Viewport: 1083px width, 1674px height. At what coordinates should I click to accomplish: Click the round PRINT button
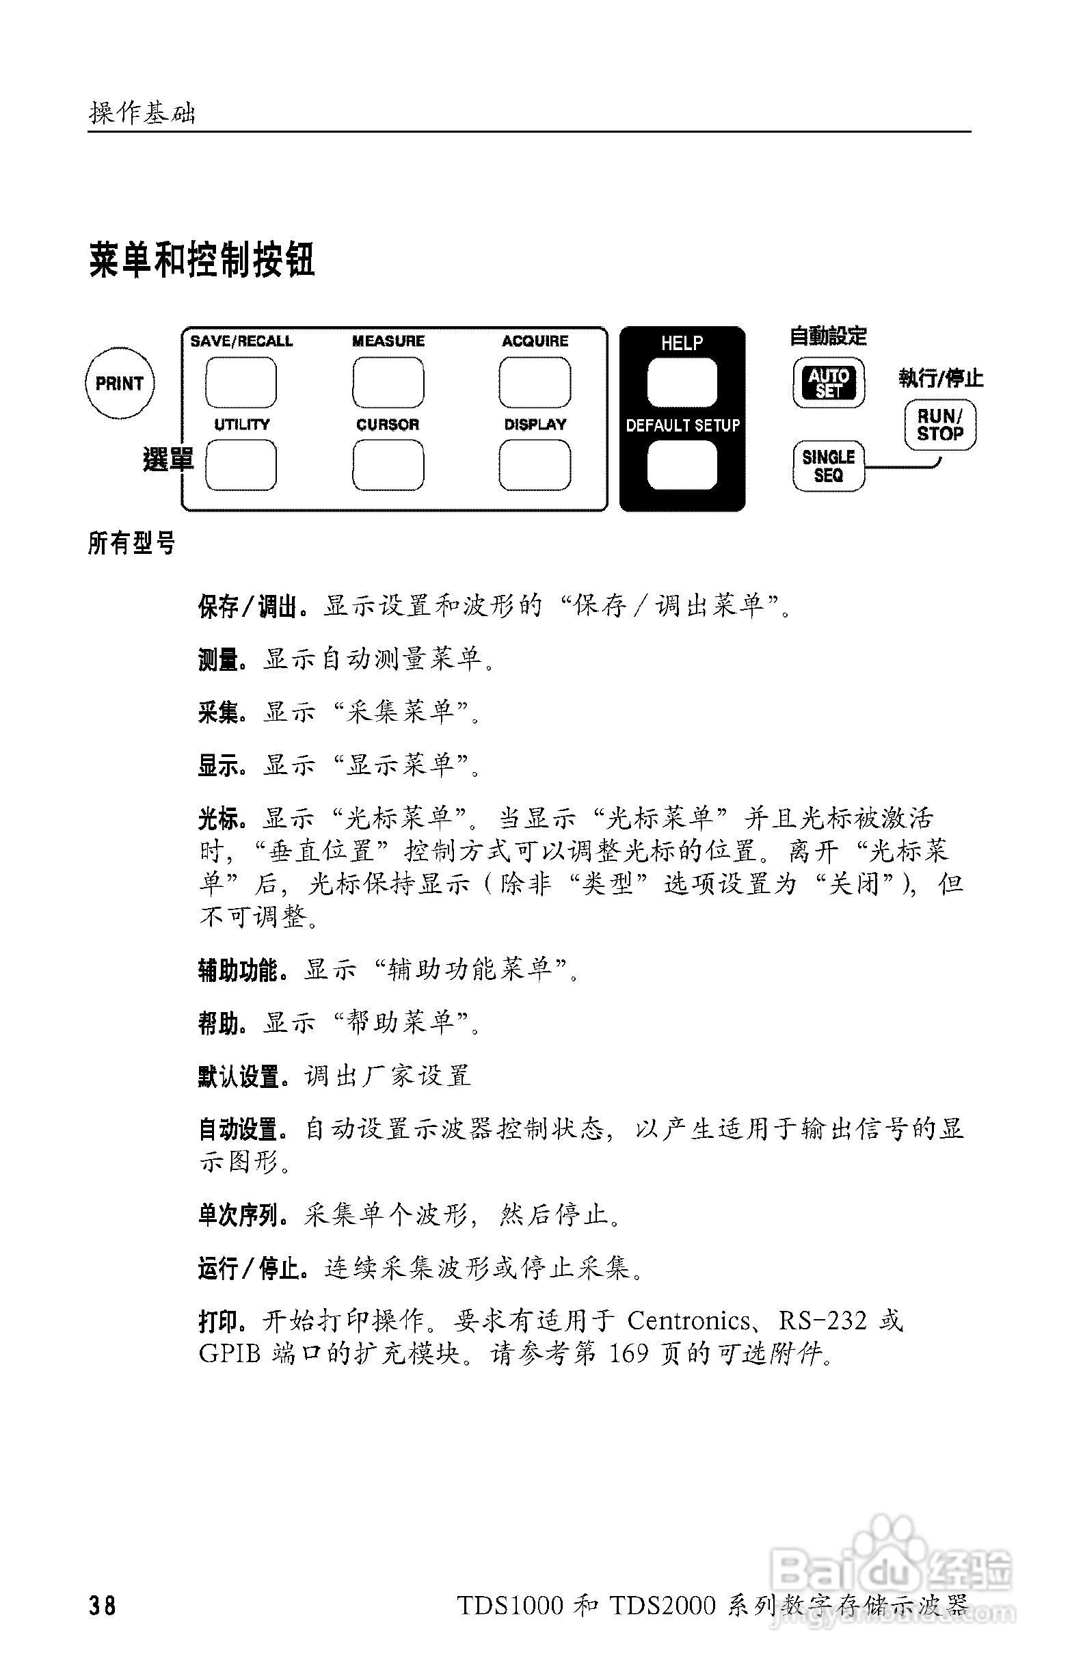119,384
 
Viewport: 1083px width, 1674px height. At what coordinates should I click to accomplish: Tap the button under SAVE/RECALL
241,383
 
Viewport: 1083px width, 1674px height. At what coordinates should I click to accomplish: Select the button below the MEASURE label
388,383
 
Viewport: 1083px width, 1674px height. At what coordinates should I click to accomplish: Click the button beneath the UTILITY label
241,465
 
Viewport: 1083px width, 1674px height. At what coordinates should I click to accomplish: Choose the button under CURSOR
388,465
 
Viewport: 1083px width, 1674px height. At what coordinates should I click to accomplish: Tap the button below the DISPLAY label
535,465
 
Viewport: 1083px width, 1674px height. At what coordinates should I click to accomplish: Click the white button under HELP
682,383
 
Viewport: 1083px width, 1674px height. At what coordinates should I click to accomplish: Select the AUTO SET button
829,384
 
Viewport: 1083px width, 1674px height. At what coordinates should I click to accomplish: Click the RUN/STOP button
939,425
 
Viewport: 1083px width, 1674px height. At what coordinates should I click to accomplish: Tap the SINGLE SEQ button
829,466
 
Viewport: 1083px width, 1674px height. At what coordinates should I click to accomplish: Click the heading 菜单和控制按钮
202,261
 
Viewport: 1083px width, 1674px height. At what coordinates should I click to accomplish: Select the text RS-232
822,1321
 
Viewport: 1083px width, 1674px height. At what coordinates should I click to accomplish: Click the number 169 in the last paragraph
628,1353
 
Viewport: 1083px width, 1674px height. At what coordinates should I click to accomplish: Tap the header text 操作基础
142,113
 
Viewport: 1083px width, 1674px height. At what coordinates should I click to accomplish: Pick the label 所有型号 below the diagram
131,543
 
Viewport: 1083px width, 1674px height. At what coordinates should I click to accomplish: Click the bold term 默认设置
239,1077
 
